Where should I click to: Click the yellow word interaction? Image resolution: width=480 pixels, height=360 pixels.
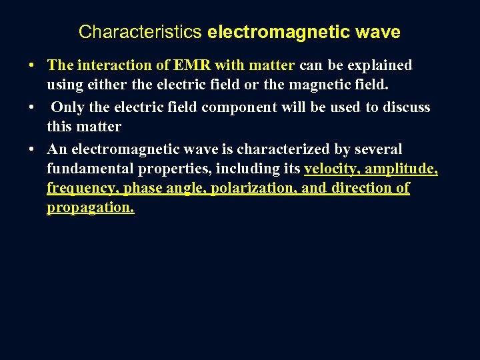107,65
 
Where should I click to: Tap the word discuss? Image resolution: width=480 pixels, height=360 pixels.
405,107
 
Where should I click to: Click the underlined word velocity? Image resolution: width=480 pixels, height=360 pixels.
331,169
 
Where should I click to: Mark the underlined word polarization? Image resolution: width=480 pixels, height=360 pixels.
252,189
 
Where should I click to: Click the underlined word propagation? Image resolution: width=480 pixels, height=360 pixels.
90,208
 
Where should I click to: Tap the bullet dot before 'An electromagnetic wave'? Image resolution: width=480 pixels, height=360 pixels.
31,149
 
